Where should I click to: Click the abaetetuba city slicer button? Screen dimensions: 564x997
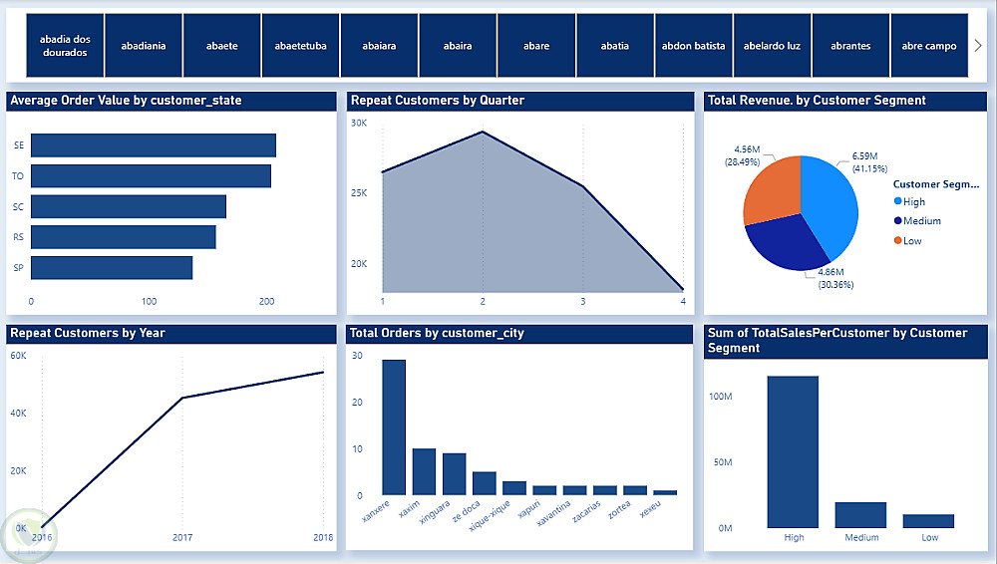click(300, 46)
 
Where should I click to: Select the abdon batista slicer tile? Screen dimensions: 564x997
click(693, 46)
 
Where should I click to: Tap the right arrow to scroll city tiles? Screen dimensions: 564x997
click(977, 46)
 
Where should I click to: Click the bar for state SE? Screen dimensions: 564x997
click(153, 144)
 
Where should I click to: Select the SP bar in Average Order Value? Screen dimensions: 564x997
click(112, 267)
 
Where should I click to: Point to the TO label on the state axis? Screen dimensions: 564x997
click(19, 175)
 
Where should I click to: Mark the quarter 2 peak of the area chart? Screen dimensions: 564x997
click(483, 132)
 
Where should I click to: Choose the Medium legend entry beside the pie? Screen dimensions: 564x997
click(920, 221)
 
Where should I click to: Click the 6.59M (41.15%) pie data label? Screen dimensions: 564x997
click(864, 162)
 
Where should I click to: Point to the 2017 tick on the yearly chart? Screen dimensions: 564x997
click(181, 536)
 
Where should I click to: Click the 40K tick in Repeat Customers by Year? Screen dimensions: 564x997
click(19, 413)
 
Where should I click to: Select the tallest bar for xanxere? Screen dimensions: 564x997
click(394, 426)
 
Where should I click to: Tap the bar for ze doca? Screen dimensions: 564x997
click(485, 482)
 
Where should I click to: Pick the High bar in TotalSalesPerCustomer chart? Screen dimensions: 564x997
click(793, 451)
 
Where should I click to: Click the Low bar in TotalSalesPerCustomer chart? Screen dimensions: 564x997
click(928, 520)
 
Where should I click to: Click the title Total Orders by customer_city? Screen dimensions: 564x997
click(438, 333)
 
